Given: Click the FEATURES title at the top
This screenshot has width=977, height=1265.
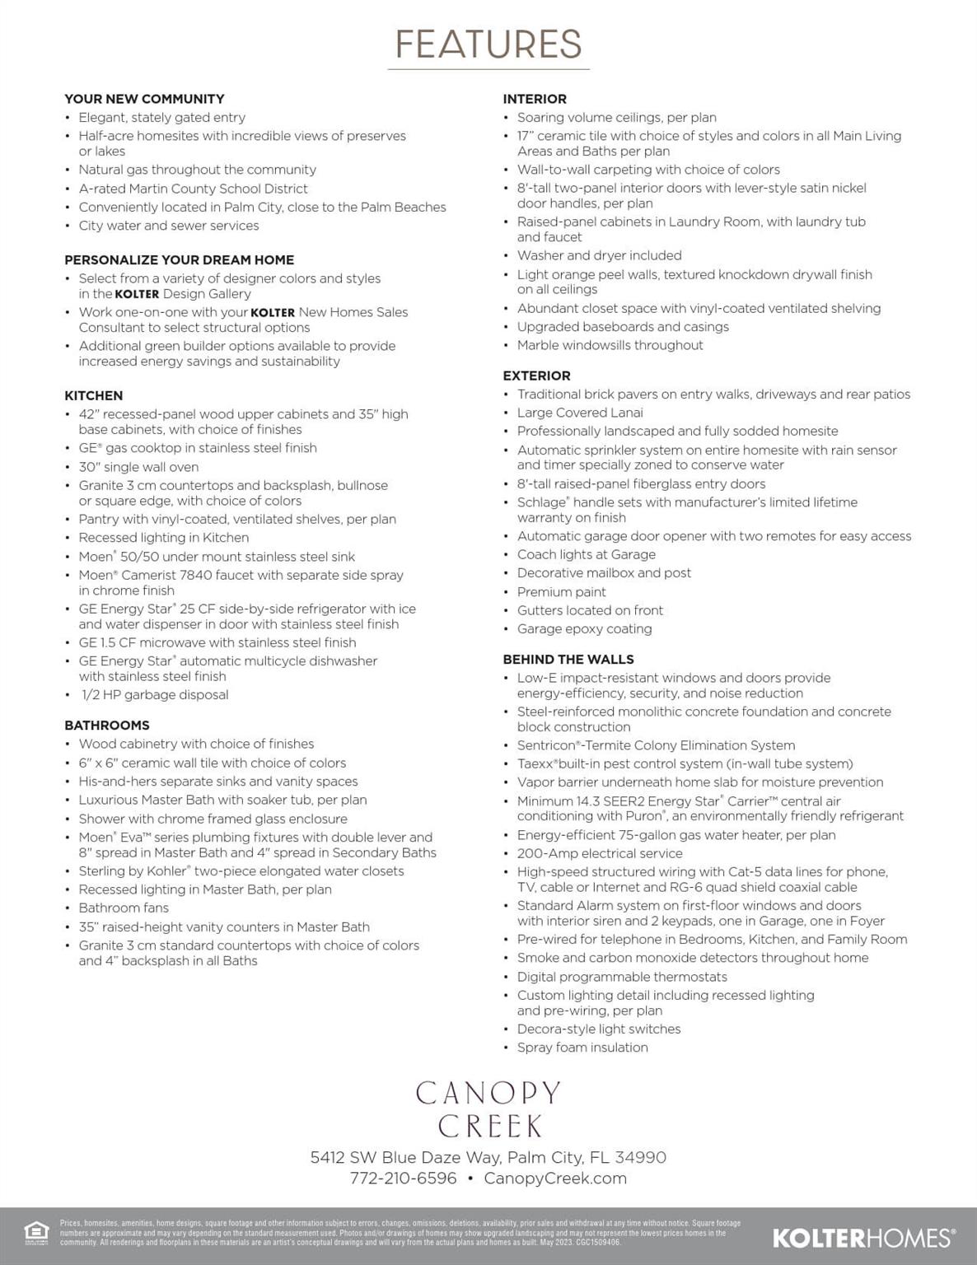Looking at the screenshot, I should click(488, 44).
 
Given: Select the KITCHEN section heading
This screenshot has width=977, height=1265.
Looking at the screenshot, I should click(94, 395).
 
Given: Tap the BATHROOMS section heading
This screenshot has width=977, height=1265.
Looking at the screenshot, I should click(107, 725).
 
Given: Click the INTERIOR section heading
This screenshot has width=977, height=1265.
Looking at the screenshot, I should click(535, 99).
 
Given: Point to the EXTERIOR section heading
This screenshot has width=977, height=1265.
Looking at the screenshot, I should click(536, 376).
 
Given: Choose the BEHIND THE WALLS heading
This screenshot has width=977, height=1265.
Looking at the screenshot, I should click(568, 659).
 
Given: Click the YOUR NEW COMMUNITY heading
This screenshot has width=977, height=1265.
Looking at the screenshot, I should click(144, 99).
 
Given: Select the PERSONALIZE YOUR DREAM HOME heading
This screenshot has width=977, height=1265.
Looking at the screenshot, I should click(179, 259).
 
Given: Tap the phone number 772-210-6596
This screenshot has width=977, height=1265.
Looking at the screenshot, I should click(403, 1178).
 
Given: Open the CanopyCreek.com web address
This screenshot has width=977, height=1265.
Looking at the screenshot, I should click(555, 1178).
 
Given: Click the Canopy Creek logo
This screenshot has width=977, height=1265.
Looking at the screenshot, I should click(488, 1109).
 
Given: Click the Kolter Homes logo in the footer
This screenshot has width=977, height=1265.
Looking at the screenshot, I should click(863, 1237).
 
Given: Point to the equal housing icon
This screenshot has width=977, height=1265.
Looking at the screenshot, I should click(36, 1232).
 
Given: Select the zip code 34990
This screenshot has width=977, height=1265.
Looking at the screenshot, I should click(640, 1157).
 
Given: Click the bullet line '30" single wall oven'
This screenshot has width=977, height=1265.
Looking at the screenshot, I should click(138, 467).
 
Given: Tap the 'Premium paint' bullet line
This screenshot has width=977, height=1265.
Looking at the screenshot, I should click(561, 592).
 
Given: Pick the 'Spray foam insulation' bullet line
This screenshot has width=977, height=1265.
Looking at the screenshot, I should click(582, 1048).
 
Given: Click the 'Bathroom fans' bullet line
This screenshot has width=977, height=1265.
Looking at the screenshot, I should click(124, 908).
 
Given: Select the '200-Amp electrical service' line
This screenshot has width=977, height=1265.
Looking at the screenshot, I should click(600, 853).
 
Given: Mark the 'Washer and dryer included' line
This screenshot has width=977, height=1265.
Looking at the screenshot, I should click(599, 255).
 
